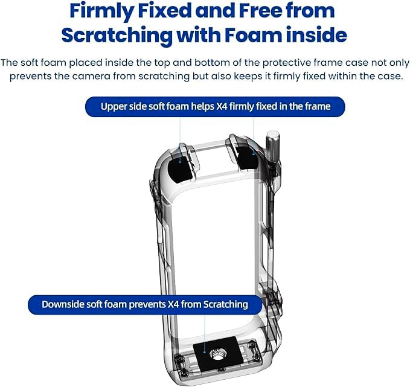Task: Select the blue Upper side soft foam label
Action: click(215, 107)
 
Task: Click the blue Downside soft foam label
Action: click(144, 304)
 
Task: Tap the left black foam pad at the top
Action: click(179, 163)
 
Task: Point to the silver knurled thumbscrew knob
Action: click(272, 148)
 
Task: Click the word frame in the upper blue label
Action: click(317, 107)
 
